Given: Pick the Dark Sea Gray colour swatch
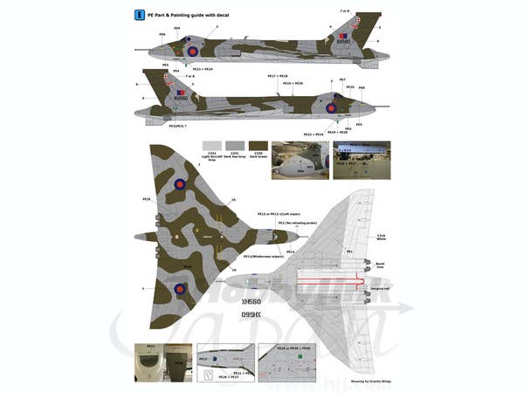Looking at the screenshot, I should point(234,147).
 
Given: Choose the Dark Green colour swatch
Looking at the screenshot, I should point(258,147).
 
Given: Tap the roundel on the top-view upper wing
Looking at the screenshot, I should point(180,184).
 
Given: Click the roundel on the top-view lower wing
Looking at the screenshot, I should point(180,288).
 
